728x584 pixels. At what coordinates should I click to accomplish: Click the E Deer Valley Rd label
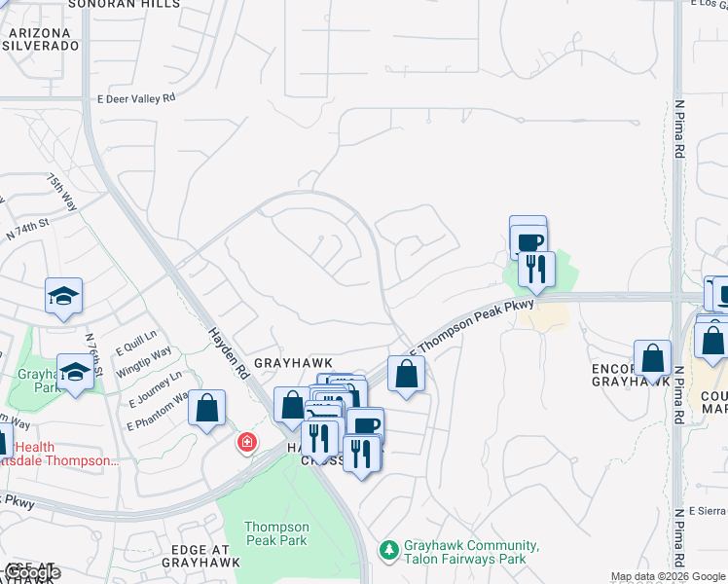click(x=136, y=98)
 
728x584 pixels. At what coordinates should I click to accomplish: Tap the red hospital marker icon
click(x=248, y=443)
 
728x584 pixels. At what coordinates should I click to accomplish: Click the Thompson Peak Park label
click(x=276, y=533)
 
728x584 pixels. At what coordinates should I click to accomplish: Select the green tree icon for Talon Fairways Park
click(x=389, y=550)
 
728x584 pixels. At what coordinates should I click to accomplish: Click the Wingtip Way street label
click(x=144, y=357)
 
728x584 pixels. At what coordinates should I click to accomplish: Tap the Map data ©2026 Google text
click(x=668, y=576)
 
